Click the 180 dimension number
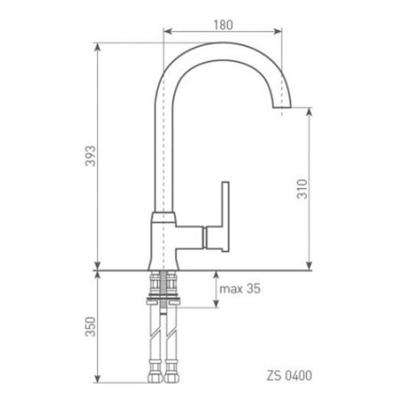[223, 25]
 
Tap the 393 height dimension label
[90, 155]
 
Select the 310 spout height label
[302, 189]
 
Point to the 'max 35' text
[240, 288]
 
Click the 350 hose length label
[90, 326]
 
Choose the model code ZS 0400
[289, 376]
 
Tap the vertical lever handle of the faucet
[225, 217]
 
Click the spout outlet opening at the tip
[282, 107]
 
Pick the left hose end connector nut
[155, 378]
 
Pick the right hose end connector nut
[171, 378]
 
